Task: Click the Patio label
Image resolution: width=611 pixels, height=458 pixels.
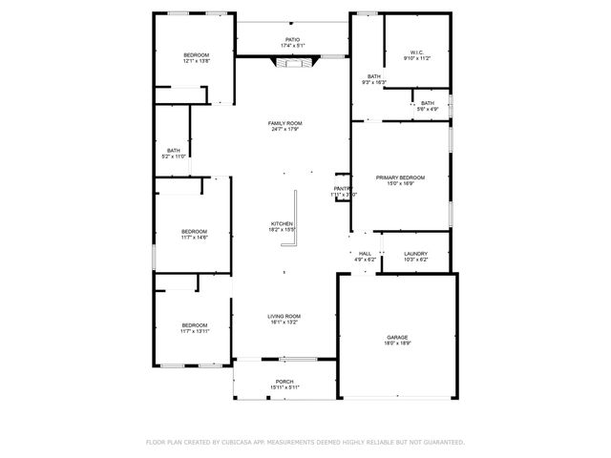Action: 292,39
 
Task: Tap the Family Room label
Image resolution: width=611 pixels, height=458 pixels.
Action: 285,123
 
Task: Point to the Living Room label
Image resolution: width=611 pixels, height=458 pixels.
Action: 284,316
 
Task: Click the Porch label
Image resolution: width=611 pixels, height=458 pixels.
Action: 284,381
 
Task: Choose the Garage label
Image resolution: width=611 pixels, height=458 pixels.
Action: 397,337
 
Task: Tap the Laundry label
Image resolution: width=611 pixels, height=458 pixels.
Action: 416,253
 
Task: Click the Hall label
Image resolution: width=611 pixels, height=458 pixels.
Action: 365,253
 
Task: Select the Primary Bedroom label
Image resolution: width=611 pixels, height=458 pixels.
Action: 400,177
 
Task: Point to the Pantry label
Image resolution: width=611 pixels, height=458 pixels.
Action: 343,188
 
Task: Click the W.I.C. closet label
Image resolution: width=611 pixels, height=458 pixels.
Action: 416,52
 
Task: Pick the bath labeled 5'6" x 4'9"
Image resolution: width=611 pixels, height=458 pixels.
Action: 427,103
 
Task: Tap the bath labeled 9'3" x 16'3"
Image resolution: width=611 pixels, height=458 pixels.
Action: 373,76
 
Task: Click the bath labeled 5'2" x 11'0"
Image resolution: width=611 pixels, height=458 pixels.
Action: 174,150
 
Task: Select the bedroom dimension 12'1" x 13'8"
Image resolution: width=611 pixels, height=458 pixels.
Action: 196,61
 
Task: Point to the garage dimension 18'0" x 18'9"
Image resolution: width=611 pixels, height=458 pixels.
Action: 397,343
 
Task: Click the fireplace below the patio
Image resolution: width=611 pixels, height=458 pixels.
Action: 292,63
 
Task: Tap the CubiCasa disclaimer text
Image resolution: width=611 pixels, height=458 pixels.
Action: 305,442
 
